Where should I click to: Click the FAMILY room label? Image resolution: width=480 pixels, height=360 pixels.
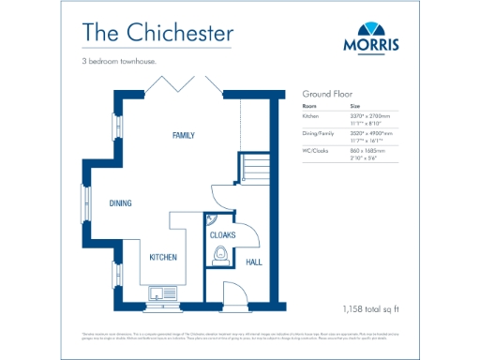click(x=184, y=136)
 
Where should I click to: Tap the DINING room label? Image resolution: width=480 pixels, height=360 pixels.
click(x=119, y=202)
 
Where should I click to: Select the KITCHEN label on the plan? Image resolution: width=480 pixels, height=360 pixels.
click(x=163, y=257)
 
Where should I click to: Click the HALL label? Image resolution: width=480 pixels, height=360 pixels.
click(x=253, y=262)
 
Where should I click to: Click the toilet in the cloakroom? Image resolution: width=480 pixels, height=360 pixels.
click(x=220, y=254)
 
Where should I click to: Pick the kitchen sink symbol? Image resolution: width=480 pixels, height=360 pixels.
click(x=161, y=292)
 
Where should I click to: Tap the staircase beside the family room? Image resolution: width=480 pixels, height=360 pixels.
click(x=254, y=170)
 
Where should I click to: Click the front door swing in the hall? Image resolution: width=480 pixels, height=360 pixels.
click(x=238, y=292)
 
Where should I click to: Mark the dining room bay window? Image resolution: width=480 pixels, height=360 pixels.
click(x=82, y=203)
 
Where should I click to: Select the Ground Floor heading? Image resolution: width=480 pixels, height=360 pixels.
click(x=326, y=95)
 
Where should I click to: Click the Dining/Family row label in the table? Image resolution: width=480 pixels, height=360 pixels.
click(x=316, y=135)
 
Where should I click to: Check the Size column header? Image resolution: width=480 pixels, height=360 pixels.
click(x=354, y=107)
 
